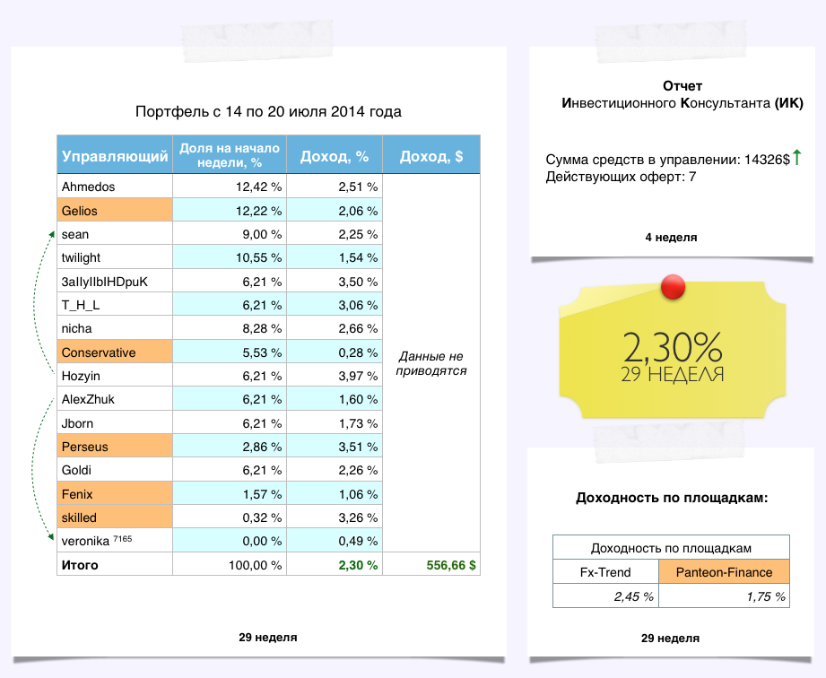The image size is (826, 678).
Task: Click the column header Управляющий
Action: tap(115, 156)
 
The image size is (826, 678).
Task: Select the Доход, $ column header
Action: tap(431, 156)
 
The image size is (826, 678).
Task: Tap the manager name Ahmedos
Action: tap(88, 187)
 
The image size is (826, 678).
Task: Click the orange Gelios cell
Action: tap(114, 211)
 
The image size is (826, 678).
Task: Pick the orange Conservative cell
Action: tap(114, 352)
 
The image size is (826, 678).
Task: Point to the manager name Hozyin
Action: tap(82, 376)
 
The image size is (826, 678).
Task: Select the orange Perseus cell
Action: tap(114, 447)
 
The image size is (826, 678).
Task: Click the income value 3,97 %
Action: tap(359, 376)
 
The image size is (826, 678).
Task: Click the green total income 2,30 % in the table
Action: tap(359, 566)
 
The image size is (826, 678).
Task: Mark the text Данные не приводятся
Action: tap(431, 362)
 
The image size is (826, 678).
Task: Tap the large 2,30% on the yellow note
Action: tap(672, 346)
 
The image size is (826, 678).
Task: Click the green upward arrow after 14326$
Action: tap(796, 159)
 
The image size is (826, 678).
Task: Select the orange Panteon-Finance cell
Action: tap(724, 572)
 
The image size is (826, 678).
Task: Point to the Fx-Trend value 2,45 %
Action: tap(632, 596)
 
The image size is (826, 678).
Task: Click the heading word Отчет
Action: tap(683, 86)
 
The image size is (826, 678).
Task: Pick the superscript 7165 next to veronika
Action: tap(123, 538)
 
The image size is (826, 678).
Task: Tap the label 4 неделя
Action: tap(671, 238)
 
